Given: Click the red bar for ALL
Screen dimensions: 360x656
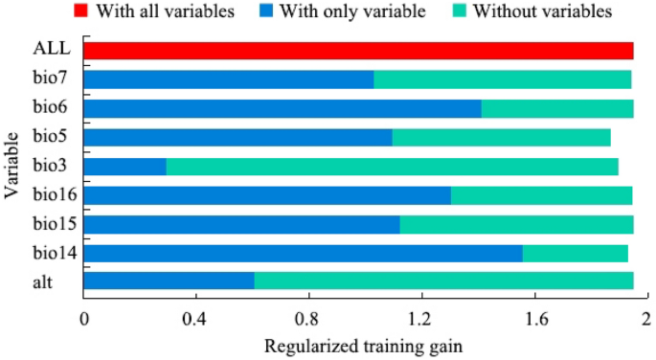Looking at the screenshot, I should click(359, 51).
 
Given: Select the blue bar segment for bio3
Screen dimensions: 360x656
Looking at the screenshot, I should click(125, 167).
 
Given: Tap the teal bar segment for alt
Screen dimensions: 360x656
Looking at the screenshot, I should click(443, 281).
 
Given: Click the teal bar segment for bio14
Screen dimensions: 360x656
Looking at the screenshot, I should click(576, 253).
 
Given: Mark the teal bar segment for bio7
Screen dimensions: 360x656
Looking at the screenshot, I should click(503, 79).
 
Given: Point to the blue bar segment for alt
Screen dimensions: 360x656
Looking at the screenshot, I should click(170, 281).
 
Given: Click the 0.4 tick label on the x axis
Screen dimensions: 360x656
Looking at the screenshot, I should click(196, 317).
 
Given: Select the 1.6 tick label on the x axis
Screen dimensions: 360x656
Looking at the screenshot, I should click(534, 317).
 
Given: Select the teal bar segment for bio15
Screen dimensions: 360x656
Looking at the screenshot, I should click(516, 224).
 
